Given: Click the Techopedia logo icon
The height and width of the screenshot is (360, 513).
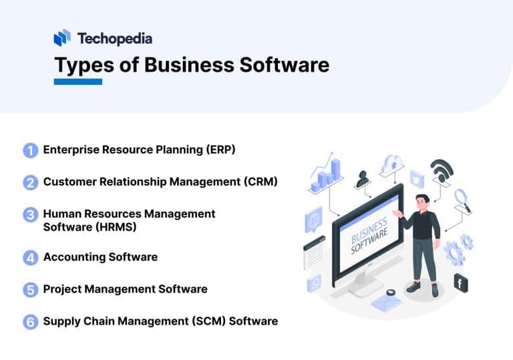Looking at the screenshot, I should [x=62, y=37].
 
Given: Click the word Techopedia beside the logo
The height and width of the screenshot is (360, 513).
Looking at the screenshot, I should [x=114, y=38].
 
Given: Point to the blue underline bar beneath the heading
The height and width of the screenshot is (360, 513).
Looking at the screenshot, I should [x=78, y=81].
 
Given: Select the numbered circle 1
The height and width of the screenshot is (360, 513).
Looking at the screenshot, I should [x=31, y=150].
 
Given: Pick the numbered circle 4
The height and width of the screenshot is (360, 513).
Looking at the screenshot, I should [x=31, y=257].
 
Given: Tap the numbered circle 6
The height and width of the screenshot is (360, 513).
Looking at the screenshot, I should [x=31, y=322].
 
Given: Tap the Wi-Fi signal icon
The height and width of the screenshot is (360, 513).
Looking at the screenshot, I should [x=442, y=171].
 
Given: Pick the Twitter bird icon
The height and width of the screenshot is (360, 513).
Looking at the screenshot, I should [x=417, y=178].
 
